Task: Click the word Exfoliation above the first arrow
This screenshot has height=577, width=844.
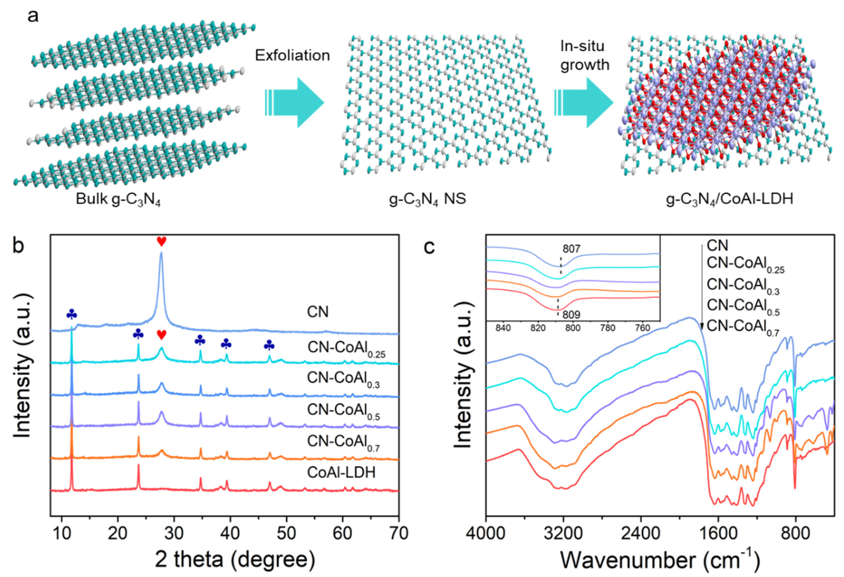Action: click(292, 55)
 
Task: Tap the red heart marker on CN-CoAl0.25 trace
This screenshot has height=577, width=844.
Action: click(161, 335)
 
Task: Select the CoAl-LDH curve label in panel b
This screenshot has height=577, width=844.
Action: click(341, 472)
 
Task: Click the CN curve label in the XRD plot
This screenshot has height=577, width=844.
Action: click(318, 312)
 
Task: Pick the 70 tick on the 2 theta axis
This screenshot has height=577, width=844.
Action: click(398, 533)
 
